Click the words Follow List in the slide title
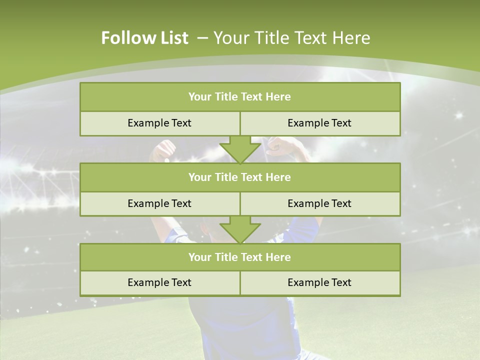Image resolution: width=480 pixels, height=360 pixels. click(x=144, y=38)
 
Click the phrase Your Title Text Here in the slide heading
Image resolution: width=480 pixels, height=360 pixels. click(x=291, y=38)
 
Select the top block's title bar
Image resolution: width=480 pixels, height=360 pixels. click(x=239, y=97)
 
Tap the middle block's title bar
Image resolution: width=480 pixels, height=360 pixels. click(x=239, y=177)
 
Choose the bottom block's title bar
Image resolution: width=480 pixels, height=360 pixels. click(x=239, y=257)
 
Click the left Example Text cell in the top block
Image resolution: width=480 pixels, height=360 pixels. click(x=159, y=123)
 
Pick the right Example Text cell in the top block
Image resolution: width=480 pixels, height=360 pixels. click(x=319, y=123)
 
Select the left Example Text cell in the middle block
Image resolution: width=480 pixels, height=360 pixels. click(x=159, y=204)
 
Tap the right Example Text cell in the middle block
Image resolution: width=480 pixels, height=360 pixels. click(x=319, y=204)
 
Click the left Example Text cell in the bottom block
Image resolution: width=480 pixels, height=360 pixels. click(x=159, y=283)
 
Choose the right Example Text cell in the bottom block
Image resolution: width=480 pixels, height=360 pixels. click(x=319, y=283)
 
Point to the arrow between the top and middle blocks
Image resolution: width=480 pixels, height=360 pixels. click(x=240, y=149)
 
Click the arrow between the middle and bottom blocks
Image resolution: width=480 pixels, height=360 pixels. click(x=240, y=229)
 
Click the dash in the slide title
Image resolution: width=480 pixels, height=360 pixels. click(x=202, y=38)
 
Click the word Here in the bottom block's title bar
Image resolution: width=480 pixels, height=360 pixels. click(x=278, y=257)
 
